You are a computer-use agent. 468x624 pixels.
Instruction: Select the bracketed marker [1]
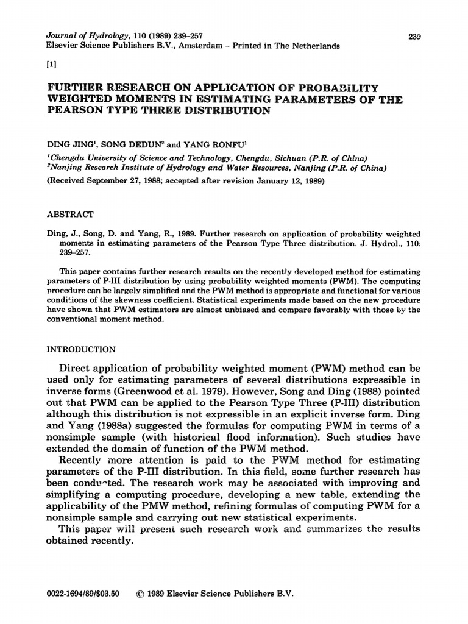coord(52,65)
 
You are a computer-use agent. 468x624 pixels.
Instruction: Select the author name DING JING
coord(71,146)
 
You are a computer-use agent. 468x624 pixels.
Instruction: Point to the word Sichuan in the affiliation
coord(274,157)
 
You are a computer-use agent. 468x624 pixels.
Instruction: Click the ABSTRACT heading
coord(70,214)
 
